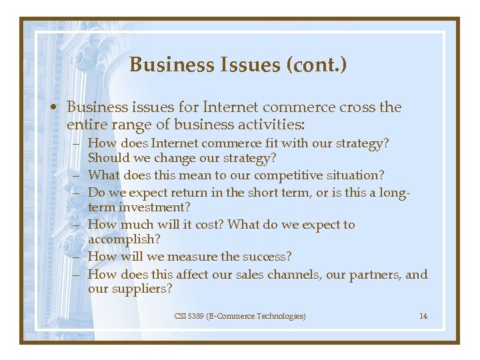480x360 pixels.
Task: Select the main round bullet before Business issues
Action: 59,108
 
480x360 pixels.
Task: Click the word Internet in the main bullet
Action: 231,107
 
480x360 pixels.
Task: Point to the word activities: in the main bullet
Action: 270,124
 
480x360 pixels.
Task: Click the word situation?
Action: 357,175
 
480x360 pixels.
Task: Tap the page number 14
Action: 423,316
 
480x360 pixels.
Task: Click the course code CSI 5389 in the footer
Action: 189,316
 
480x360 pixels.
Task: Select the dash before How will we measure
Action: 78,257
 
